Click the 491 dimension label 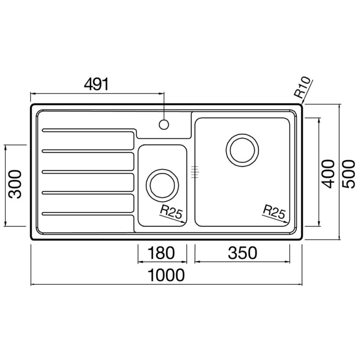point(96,84)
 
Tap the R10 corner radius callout point(302,87)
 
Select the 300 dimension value point(15,184)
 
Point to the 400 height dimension point(328,174)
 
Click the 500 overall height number point(348,174)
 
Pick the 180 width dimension point(161,252)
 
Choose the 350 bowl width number point(243,252)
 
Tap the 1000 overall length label point(166,275)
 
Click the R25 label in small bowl point(171,211)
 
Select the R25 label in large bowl point(274,211)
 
